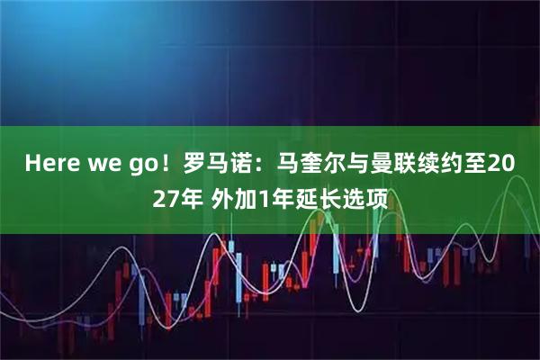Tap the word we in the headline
click(109, 163)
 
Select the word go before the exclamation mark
click(147, 163)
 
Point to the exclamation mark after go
click(168, 163)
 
